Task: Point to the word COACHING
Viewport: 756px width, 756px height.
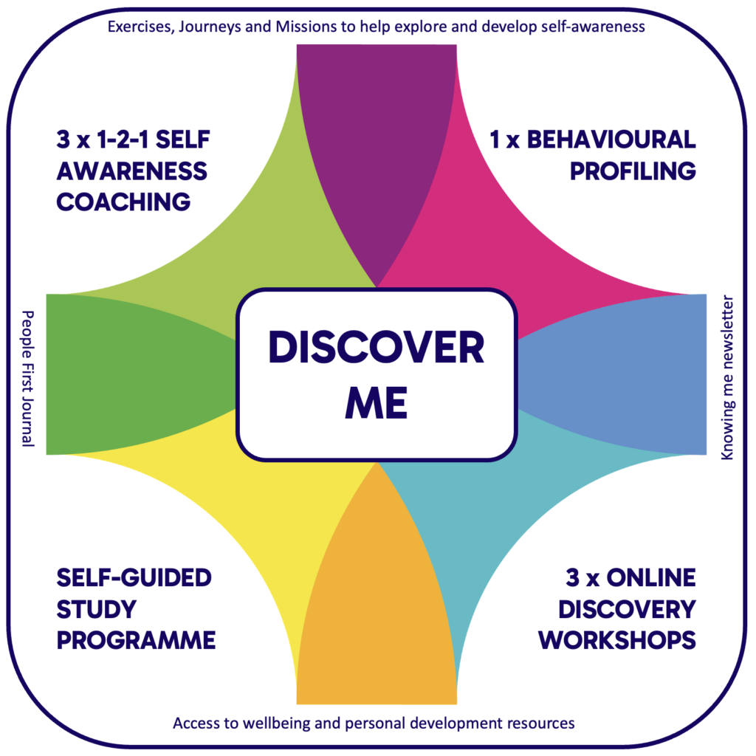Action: click(123, 202)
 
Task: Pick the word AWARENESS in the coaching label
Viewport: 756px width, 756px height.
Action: click(131, 171)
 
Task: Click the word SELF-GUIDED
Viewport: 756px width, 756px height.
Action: click(134, 577)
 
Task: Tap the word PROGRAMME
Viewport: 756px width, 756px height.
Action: click(136, 639)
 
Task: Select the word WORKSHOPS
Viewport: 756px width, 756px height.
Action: click(617, 639)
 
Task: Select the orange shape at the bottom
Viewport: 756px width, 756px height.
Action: click(377, 620)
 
